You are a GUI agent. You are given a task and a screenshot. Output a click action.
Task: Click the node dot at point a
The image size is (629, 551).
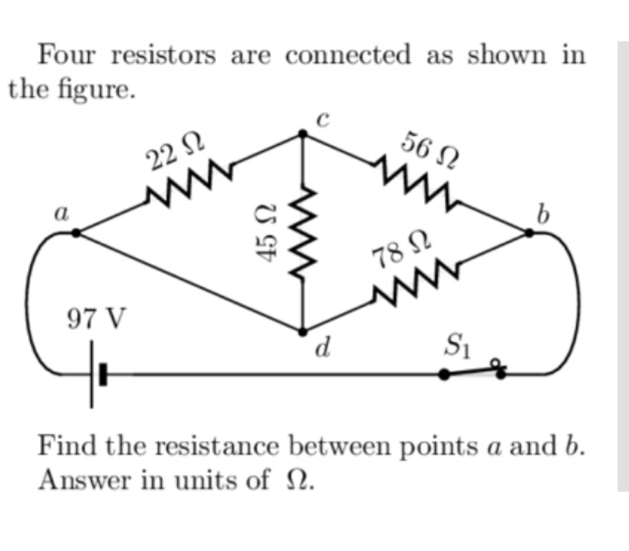click(x=76, y=233)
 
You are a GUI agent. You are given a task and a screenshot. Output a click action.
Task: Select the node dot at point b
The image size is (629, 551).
click(x=529, y=233)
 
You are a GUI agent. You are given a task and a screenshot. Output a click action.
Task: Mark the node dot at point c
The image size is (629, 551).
click(x=302, y=134)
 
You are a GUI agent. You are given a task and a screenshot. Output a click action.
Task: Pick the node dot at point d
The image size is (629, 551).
click(x=302, y=330)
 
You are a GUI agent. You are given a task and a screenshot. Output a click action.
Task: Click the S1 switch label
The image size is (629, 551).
click(x=457, y=347)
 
